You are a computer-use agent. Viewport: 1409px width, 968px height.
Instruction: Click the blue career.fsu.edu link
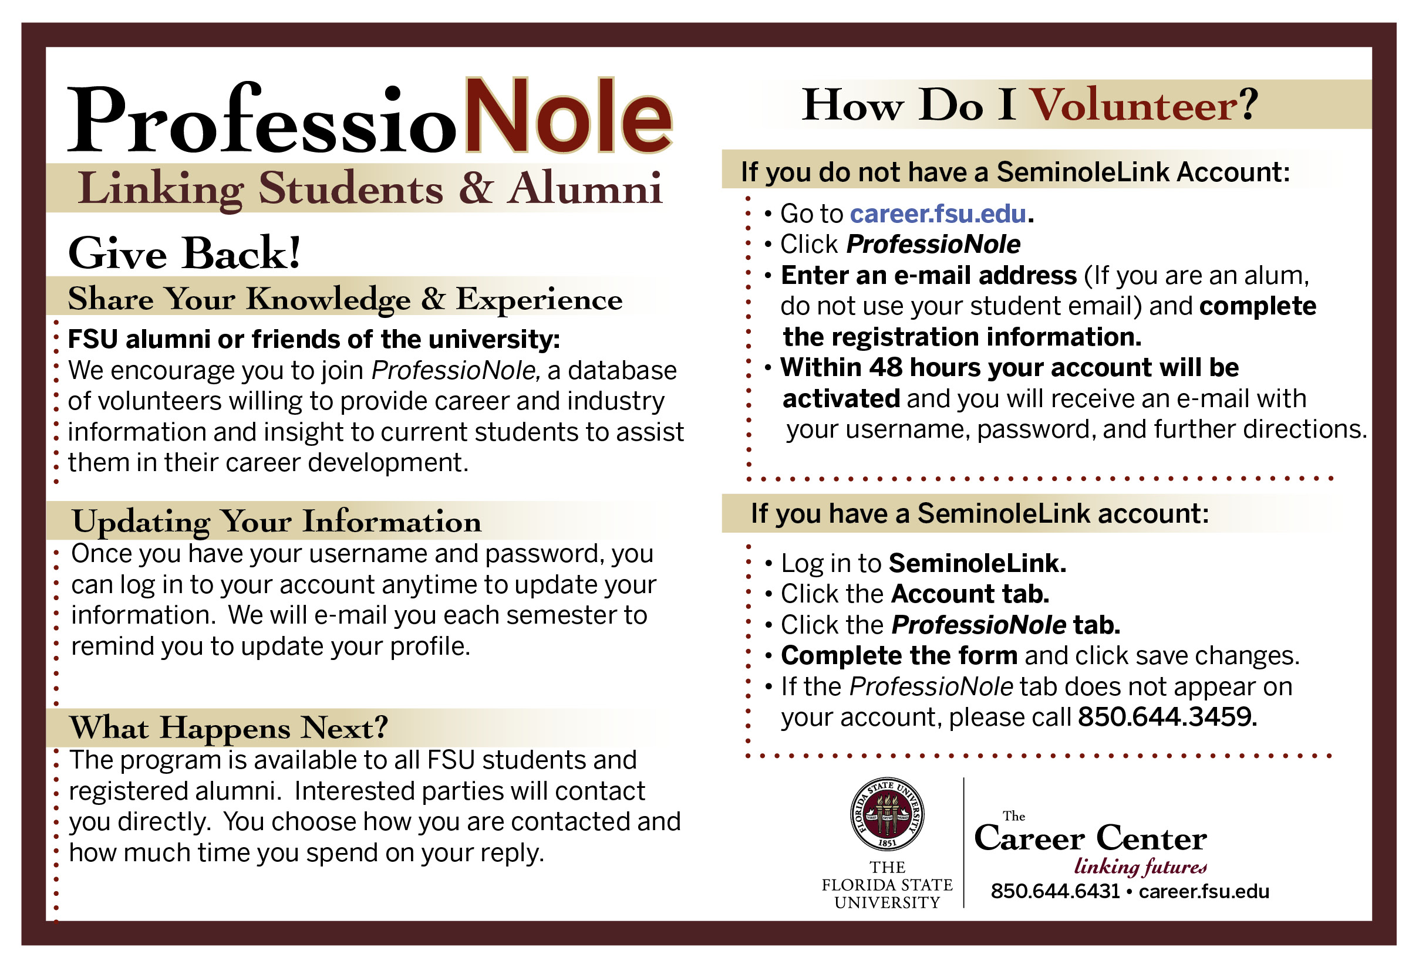pos(938,214)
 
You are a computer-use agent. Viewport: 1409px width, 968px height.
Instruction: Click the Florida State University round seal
pos(886,814)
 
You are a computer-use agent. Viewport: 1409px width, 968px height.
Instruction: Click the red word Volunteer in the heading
pos(1134,106)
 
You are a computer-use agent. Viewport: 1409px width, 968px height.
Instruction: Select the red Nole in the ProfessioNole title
pos(568,116)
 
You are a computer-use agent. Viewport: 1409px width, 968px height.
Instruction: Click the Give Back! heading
pos(184,253)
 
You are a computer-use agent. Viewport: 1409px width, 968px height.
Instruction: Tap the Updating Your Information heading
pos(277,522)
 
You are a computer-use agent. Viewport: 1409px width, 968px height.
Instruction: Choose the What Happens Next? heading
pos(229,728)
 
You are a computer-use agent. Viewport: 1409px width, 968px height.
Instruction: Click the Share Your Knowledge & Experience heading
pos(345,299)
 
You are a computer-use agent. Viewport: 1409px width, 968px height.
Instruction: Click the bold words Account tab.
pos(970,594)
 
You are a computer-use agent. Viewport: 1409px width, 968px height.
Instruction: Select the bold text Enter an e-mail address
pos(928,276)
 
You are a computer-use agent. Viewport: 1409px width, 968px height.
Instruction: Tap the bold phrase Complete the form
pos(899,656)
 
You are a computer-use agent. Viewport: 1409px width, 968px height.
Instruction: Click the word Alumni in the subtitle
pos(585,189)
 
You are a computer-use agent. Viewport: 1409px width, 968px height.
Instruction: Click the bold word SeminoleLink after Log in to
pos(976,563)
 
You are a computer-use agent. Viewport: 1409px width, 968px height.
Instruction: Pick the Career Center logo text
pos(1090,839)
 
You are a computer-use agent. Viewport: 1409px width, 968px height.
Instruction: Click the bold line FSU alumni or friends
pos(313,340)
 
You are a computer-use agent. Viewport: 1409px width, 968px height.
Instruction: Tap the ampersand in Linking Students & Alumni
pos(476,189)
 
